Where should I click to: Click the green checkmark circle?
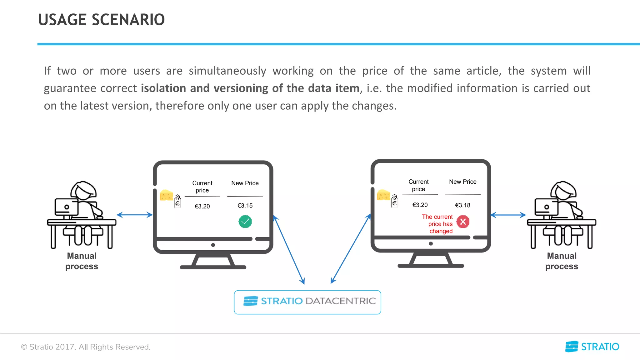245,222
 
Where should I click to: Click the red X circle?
463,222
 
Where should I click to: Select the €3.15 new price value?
245,206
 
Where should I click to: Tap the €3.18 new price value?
462,205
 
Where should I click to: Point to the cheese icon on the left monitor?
166,195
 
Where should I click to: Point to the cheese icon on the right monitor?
383,195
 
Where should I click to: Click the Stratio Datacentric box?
307,302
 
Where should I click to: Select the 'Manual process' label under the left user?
82,261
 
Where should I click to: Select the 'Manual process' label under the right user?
562,261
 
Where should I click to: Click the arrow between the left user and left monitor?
134,215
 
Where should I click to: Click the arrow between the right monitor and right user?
508,215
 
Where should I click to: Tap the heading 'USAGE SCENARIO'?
101,20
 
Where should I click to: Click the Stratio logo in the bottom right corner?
592,347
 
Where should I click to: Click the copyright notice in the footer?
86,347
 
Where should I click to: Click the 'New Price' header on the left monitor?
245,183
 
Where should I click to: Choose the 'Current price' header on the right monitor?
418,185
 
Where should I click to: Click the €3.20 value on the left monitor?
202,206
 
